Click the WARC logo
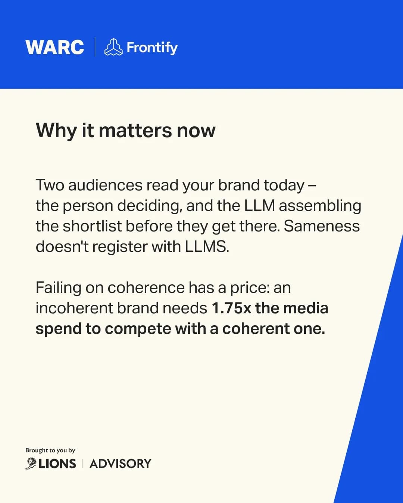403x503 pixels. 54,47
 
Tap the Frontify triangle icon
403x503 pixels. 113,47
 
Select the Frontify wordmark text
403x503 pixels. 152,48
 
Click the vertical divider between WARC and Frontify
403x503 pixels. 95,47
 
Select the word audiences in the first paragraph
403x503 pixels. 105,185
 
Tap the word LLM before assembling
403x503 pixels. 259,206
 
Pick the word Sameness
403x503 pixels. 322,226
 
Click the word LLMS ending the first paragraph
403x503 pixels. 207,247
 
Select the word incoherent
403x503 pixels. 74,308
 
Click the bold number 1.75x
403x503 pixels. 231,309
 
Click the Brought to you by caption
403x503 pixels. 50,450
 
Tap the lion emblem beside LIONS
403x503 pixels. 31,464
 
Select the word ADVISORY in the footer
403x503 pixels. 121,464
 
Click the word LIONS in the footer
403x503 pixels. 57,464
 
